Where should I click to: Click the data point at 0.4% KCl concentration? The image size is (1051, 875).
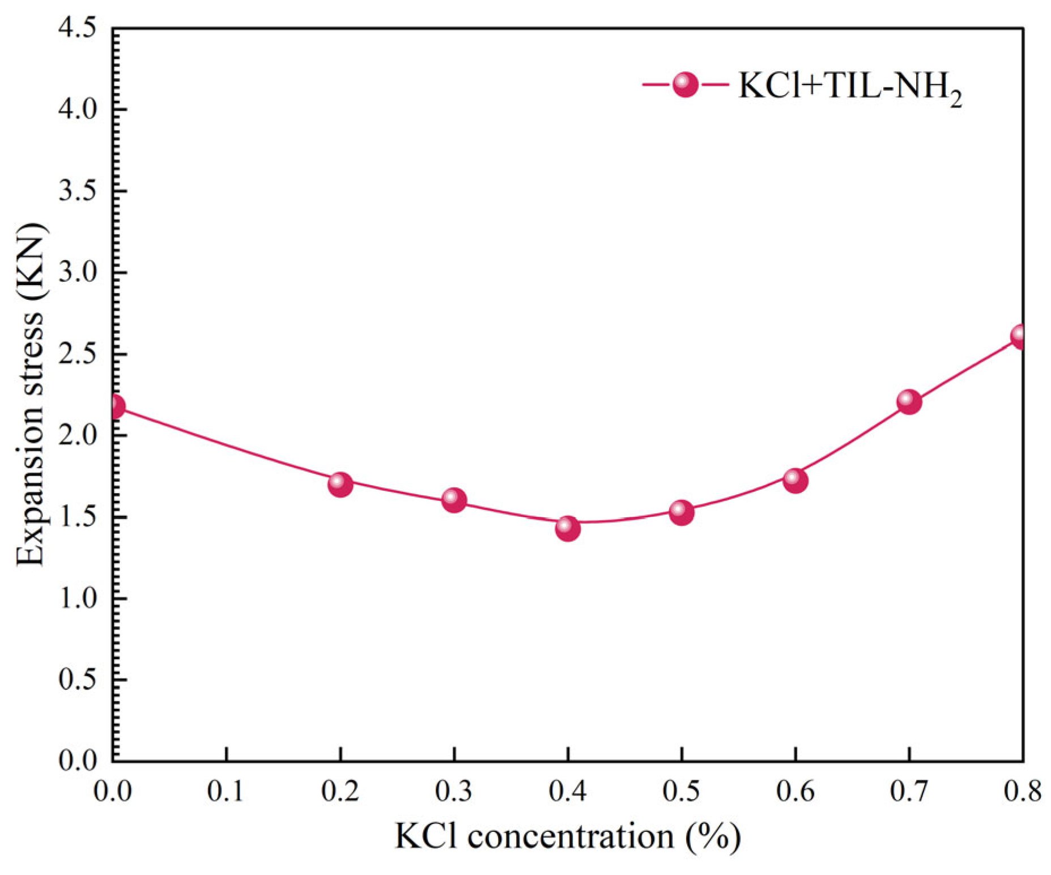(x=568, y=528)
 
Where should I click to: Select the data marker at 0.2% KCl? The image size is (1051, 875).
(x=340, y=484)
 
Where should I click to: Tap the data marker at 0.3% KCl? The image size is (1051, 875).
(x=454, y=500)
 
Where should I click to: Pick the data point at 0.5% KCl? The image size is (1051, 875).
(x=682, y=512)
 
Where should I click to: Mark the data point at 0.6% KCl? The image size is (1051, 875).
(x=795, y=480)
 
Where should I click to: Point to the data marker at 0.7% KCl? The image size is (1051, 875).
(x=909, y=402)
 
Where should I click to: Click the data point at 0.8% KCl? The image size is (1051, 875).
(x=1020, y=337)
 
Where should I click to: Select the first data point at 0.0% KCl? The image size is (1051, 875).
(x=115, y=406)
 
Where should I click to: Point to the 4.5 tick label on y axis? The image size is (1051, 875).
(x=78, y=28)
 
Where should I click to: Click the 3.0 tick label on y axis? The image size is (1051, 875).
(x=78, y=273)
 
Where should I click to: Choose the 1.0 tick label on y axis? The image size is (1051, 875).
(x=78, y=598)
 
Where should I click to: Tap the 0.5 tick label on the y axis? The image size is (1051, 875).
(x=78, y=679)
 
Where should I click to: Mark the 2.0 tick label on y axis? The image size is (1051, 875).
(x=78, y=436)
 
